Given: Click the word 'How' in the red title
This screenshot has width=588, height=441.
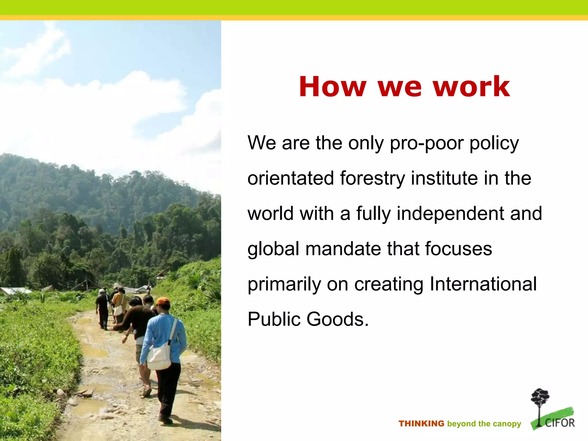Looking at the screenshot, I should pyautogui.click(x=333, y=87).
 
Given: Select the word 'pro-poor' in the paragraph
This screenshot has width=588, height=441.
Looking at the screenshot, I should pyautogui.click(x=426, y=143).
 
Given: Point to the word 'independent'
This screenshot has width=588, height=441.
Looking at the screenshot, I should pyautogui.click(x=450, y=214).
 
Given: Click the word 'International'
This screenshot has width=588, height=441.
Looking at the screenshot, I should pyautogui.click(x=483, y=284).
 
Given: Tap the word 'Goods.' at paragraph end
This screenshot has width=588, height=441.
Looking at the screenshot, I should pyautogui.click(x=338, y=319).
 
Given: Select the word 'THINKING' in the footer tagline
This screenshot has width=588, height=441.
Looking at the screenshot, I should pyautogui.click(x=421, y=423).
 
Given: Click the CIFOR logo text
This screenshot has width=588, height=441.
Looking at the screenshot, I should pyautogui.click(x=560, y=423).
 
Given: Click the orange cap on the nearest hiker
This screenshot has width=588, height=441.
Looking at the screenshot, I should pyautogui.click(x=163, y=301).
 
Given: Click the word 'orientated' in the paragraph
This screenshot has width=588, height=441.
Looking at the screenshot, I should pyautogui.click(x=291, y=178).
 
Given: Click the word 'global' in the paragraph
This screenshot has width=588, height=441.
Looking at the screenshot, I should pyautogui.click(x=273, y=249).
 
